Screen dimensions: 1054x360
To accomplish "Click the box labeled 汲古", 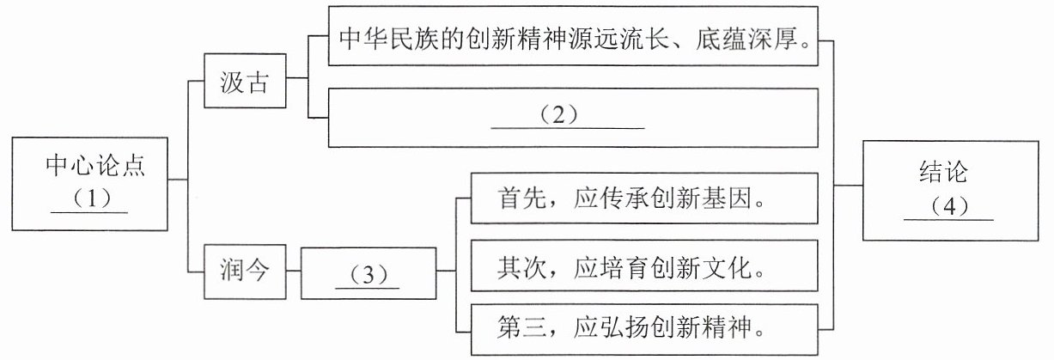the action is coord(245,81).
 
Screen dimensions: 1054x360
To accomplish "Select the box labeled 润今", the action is coord(245,272).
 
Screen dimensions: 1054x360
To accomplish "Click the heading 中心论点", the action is coord(95,166).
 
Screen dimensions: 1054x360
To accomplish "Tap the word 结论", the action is coord(943,172).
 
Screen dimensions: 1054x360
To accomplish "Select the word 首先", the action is coord(521,198).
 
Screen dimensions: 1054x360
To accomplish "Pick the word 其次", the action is coord(521,268).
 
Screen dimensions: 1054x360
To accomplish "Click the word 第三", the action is coord(521,327).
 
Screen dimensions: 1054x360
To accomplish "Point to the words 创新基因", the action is coord(701,198).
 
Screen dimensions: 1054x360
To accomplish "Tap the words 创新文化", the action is coord(701,268).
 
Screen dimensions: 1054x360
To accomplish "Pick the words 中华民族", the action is coord(389,38).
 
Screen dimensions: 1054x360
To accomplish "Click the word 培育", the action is coord(624,268).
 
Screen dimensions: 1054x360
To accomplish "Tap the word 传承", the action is coord(624,198).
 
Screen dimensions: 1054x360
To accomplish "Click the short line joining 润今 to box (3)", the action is coord(294,271).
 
